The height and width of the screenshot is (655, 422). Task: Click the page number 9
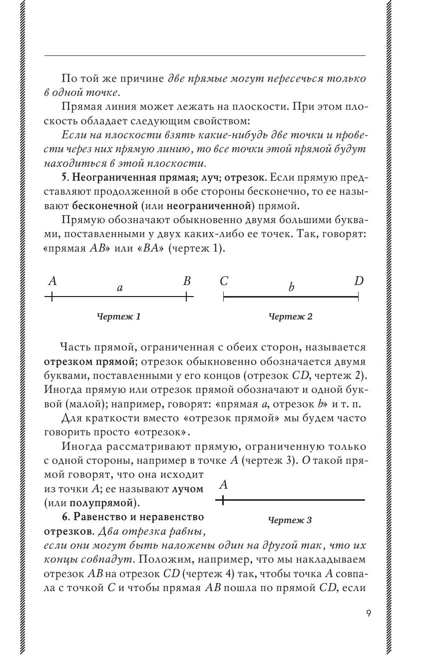[368, 613]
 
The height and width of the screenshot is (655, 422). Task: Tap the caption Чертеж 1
[119, 317]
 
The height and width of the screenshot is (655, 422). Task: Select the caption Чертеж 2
[291, 317]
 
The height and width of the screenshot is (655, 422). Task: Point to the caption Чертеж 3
[290, 521]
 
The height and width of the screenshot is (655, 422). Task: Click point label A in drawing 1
[52, 281]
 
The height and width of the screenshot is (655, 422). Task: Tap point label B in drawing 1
[187, 281]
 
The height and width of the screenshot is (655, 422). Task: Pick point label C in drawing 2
[224, 281]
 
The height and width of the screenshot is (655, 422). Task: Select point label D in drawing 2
[359, 281]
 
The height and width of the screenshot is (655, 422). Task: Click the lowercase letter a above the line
[119, 288]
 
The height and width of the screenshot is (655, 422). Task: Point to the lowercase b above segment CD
[291, 287]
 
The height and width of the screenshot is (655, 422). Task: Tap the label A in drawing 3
[224, 485]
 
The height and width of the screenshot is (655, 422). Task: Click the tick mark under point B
[186, 297]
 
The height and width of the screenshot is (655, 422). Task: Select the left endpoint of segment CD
[224, 297]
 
